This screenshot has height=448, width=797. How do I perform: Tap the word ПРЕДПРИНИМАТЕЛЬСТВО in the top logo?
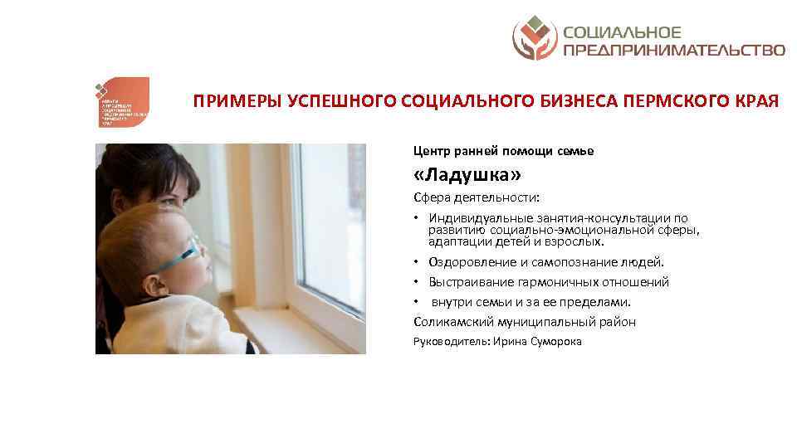coord(674,50)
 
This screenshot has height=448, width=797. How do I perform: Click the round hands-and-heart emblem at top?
coord(535,39)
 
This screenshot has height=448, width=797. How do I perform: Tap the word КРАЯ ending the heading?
coord(756,102)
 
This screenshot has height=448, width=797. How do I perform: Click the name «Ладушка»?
coord(468,176)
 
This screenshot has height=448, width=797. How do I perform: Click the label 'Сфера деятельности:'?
coord(477,197)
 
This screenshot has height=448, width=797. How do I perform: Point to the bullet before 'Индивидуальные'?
coord(417,218)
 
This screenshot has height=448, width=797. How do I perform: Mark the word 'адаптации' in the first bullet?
coord(457,242)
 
